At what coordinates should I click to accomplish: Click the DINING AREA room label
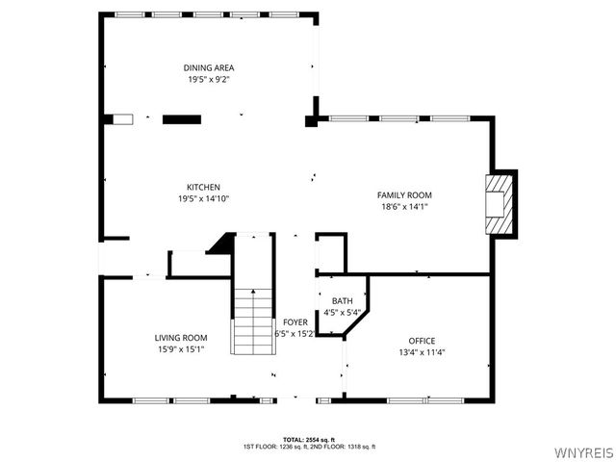pos(209,67)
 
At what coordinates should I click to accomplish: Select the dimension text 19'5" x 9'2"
pos(209,79)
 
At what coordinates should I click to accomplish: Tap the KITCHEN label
pos(203,187)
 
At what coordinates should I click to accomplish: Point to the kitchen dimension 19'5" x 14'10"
pos(203,198)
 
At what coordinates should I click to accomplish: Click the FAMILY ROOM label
pos(404,194)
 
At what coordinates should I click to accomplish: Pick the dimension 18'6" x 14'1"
pos(404,206)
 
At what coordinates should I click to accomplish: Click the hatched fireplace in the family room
pos(500,204)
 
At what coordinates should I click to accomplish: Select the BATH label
pos(343,301)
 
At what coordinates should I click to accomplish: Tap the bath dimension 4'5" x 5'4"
pos(343,312)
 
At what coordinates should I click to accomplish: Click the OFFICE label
pos(422,341)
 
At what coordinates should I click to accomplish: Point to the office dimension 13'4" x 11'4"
pos(422,352)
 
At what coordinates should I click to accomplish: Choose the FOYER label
pos(295,321)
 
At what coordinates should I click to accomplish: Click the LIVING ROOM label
pos(181,337)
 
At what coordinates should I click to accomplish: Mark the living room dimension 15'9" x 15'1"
pos(181,348)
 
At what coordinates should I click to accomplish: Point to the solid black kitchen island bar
pos(181,119)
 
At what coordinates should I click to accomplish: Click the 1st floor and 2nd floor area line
pos(309,447)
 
